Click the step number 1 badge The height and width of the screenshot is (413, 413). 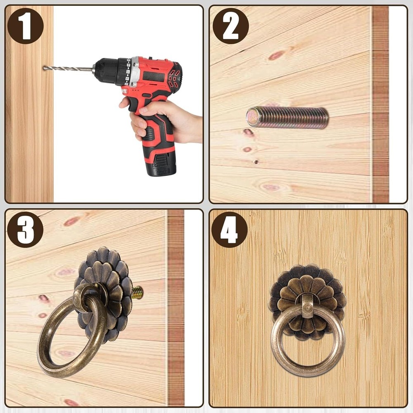pos(25,26)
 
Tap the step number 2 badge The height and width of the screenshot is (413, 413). pos(231,26)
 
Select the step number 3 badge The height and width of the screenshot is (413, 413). pos(25,230)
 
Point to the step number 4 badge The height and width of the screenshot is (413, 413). pos(229,230)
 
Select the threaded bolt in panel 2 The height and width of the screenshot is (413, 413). pos(287,117)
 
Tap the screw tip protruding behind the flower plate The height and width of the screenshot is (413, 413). pos(138,293)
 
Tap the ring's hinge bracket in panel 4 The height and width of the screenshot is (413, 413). pos(307,306)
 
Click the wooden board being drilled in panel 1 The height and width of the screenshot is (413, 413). pos(29,104)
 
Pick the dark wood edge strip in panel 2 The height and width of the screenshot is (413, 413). pos(380,104)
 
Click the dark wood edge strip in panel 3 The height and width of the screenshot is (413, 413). pos(176,308)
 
